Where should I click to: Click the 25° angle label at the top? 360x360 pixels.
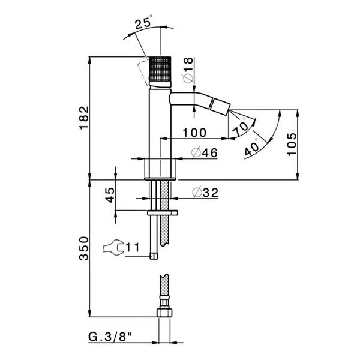point(143,22)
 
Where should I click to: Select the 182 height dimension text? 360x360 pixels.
point(84,118)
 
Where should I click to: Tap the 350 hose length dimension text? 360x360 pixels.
point(84,248)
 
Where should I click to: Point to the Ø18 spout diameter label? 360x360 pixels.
point(188,70)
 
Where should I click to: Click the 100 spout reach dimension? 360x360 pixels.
point(194,133)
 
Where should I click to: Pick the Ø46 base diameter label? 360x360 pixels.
point(205,152)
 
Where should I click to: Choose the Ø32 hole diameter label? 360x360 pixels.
point(205,193)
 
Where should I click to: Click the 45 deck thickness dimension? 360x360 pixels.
point(110,195)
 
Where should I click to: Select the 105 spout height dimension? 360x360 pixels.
point(292,144)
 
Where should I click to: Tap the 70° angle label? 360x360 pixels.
point(241,128)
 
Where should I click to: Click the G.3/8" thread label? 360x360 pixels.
point(110,337)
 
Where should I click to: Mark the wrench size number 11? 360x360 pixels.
point(133,247)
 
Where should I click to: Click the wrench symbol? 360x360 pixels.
point(113,247)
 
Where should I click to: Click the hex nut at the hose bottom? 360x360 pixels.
point(164,313)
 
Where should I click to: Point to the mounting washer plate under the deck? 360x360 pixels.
point(163,213)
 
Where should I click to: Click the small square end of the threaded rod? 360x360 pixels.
point(154,256)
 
